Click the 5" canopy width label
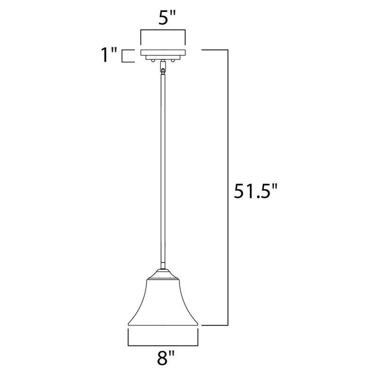tap(167, 17)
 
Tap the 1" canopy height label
tap(109, 55)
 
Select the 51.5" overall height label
tap(255, 191)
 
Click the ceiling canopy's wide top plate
tap(163, 53)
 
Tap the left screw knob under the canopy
tap(153, 61)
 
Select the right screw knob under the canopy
tap(172, 61)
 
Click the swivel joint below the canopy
tap(163, 67)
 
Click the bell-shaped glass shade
tap(163, 303)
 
